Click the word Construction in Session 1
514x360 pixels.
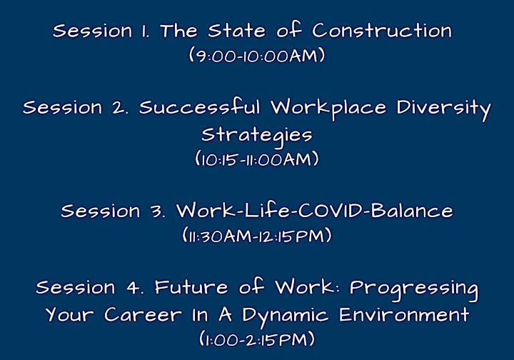[382, 30]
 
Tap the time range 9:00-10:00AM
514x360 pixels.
[257, 55]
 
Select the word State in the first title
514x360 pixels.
[236, 31]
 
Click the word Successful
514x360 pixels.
[200, 107]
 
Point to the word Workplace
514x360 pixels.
[328, 109]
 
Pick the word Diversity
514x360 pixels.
[444, 109]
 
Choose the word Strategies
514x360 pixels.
[257, 136]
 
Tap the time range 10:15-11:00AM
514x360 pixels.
[257, 159]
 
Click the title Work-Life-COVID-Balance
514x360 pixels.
[315, 210]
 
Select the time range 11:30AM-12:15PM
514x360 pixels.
[257, 236]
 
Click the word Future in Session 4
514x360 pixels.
[191, 287]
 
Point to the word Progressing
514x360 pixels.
[413, 289]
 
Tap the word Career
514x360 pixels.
[143, 314]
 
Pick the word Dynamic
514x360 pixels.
[285, 316]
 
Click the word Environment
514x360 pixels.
[404, 314]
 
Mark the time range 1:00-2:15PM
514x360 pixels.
[257, 339]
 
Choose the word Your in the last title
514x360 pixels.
[69, 314]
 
